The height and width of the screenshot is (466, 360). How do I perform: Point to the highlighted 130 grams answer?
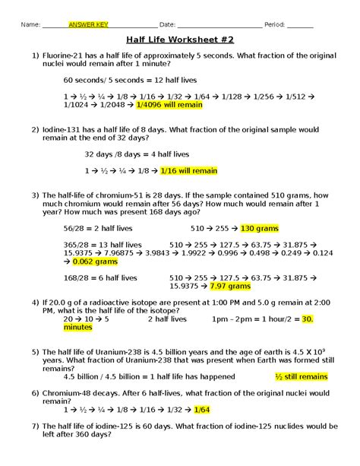click(261, 227)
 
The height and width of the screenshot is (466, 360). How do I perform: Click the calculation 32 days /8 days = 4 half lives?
click(131, 154)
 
